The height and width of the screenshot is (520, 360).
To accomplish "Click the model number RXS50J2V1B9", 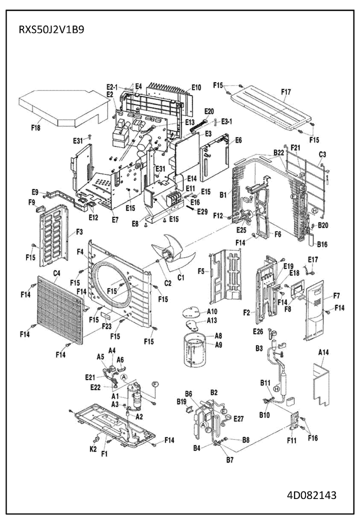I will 51,29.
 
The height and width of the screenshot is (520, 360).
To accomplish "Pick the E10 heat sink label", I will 195,87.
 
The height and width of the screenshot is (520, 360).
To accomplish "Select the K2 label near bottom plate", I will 93,449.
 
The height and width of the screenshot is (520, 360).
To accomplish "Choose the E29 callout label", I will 202,212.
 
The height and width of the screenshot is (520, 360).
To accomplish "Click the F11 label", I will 291,441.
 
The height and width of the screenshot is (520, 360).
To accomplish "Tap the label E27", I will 238,418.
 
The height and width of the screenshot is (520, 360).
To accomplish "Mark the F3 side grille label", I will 78,232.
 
